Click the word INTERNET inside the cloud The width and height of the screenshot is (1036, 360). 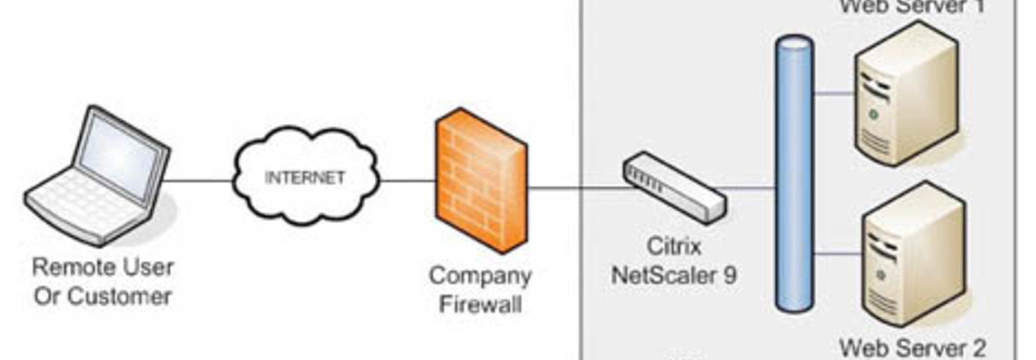[x=305, y=178]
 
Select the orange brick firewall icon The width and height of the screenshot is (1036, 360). [x=480, y=181]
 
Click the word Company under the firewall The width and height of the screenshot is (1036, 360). [x=480, y=276]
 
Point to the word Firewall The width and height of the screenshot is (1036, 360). [x=480, y=304]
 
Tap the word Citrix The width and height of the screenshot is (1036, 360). [x=673, y=247]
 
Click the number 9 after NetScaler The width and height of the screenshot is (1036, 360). [x=730, y=275]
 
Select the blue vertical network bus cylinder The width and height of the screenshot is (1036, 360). [x=794, y=173]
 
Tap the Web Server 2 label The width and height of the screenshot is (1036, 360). [x=912, y=348]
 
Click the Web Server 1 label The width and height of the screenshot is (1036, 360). [x=912, y=6]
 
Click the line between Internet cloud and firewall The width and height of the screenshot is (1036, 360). [x=407, y=181]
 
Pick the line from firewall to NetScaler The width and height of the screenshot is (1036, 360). [x=577, y=188]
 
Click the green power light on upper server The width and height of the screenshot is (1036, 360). [x=873, y=114]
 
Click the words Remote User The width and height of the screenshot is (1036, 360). [x=103, y=267]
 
